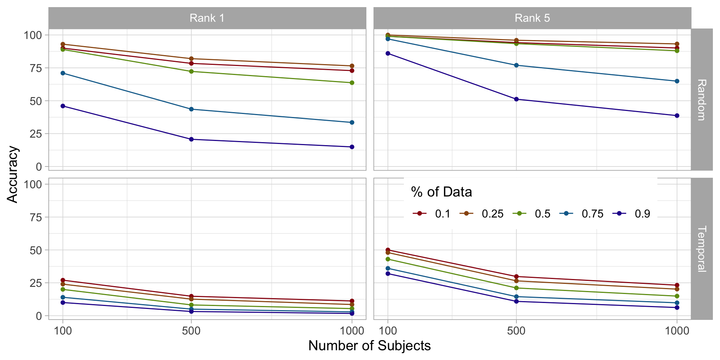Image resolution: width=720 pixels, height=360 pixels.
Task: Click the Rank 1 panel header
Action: pos(207,18)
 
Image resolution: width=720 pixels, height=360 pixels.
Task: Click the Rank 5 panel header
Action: pos(532,18)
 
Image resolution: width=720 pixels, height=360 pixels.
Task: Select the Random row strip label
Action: pos(701,100)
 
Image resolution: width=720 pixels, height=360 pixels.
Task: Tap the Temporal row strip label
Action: pos(701,249)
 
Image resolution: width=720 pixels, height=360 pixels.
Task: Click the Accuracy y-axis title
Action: pos(13,174)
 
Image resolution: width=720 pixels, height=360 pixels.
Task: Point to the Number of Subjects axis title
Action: pos(369,346)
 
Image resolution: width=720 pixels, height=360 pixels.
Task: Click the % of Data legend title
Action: pos(441,192)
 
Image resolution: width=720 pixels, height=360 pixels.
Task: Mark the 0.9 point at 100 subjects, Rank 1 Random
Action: pos(63,106)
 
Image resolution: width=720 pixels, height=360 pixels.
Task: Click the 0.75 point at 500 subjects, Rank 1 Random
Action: pos(191,109)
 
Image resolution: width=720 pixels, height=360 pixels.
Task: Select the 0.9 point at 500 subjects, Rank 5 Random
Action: pos(516,99)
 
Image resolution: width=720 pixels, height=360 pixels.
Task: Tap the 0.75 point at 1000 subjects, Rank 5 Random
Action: pos(677,81)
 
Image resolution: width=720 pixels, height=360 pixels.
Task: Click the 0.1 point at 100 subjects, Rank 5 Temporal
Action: pos(388,250)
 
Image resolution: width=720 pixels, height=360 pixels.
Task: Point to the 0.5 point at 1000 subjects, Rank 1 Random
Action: pos(352,82)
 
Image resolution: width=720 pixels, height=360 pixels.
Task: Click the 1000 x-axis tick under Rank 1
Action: pos(352,331)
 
